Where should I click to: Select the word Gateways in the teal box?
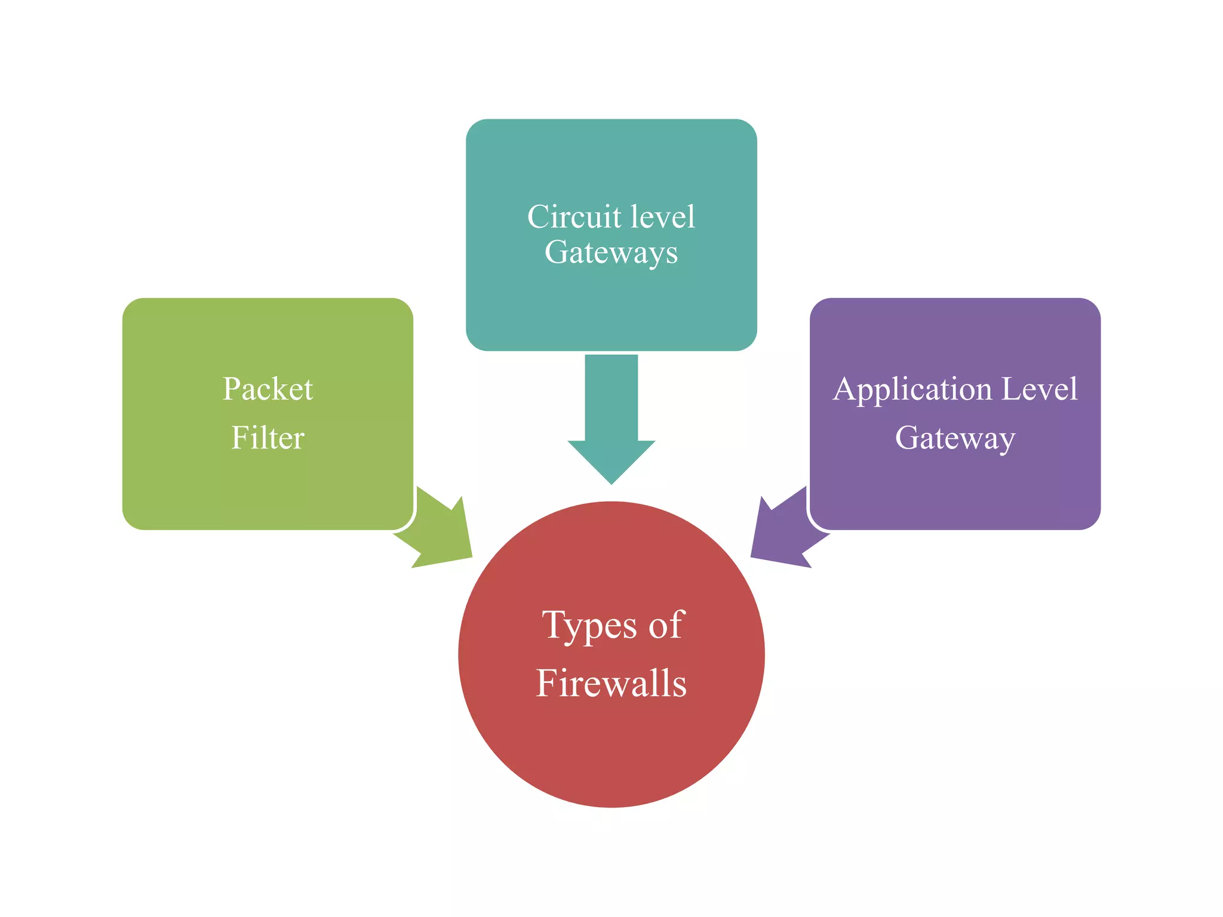coord(611,253)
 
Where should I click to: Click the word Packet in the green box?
coord(268,389)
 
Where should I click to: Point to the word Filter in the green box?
coord(268,438)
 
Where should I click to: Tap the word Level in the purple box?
coord(1039,389)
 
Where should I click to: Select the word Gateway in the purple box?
coord(955,439)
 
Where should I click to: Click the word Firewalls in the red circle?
coord(611,683)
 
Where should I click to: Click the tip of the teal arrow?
coord(611,482)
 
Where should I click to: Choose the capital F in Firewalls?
coord(548,683)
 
